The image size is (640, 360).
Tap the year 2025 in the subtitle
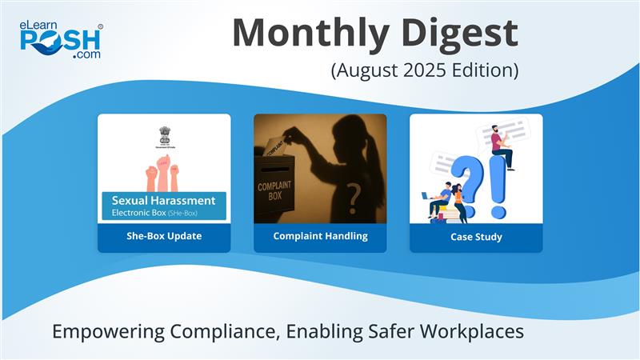424,70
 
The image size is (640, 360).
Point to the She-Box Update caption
164,236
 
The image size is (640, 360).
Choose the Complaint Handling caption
320,236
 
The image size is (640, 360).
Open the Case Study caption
476,236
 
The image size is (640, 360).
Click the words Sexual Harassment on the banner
163,200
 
